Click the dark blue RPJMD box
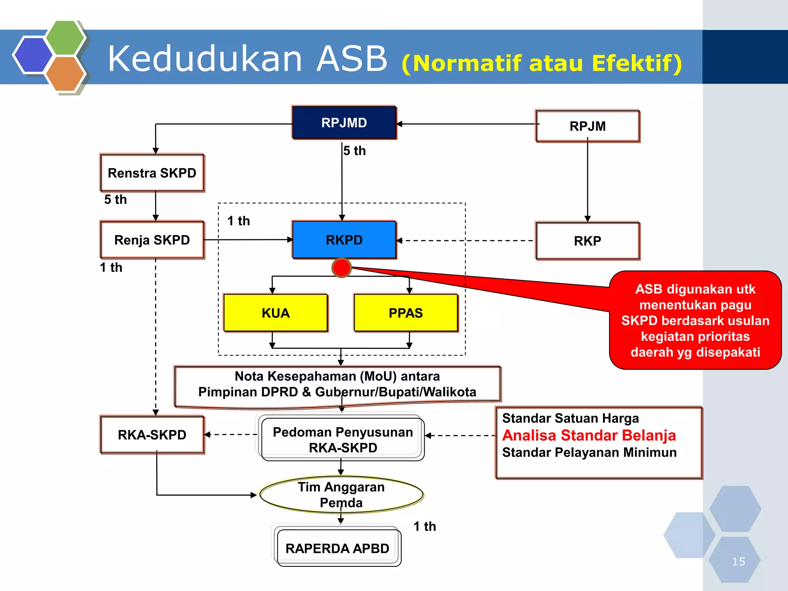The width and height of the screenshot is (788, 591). [344, 123]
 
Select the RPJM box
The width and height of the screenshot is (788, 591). [588, 126]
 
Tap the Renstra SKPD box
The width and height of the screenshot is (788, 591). [152, 173]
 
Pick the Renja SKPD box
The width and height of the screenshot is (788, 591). [152, 240]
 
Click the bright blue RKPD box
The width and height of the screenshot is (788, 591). [344, 240]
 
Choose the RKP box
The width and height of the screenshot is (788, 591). [588, 241]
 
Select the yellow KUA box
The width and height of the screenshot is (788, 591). [275, 313]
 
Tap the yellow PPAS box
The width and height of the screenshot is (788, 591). [406, 313]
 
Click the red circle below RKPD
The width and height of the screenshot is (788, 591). [341, 268]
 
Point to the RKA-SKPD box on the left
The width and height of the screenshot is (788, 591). [152, 435]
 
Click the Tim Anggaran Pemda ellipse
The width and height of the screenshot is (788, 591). [341, 495]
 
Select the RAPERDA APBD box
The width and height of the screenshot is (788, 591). [337, 548]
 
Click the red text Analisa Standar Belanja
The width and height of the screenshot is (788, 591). [589, 436]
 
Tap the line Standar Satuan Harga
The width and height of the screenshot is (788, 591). [570, 418]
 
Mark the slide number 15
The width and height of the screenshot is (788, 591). [738, 561]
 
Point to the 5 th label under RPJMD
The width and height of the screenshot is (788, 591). [354, 151]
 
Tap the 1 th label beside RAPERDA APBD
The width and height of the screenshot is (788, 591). [425, 526]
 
